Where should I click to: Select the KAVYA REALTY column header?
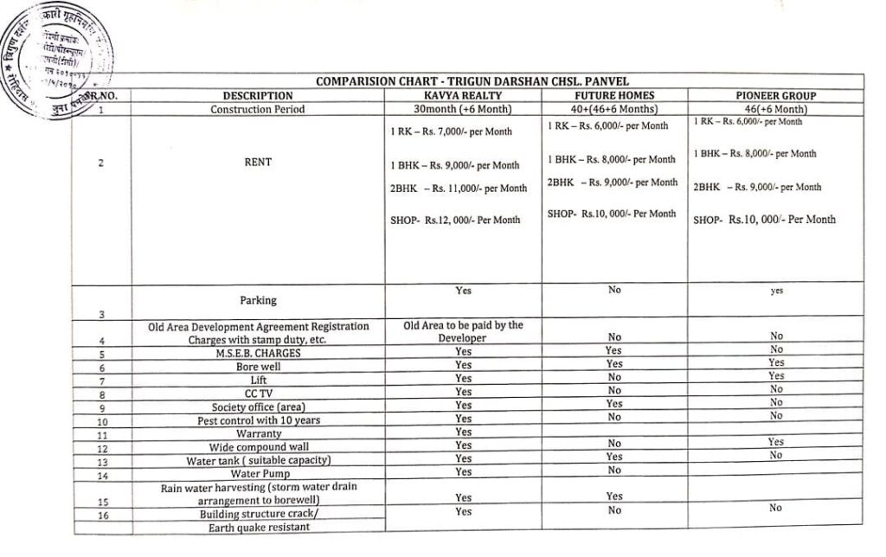pos(463,95)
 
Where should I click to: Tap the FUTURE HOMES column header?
pos(614,95)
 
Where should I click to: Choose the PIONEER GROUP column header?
pos(776,95)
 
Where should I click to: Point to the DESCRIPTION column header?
pos(258,96)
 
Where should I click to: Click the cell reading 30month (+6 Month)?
pos(463,109)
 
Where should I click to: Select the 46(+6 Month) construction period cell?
pos(776,109)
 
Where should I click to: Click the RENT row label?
pos(258,162)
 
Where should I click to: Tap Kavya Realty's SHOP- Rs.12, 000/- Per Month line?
pos(455,220)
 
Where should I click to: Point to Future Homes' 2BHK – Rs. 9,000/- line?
pos(612,182)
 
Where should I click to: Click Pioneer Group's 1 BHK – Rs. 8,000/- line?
pos(754,154)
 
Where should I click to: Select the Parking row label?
pos(258,300)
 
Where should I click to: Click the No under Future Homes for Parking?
pos(614,290)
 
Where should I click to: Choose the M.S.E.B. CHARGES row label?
pos(258,353)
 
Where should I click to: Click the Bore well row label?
pos(258,366)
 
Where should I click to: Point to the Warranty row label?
pos(258,433)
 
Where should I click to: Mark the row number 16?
pos(102,515)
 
